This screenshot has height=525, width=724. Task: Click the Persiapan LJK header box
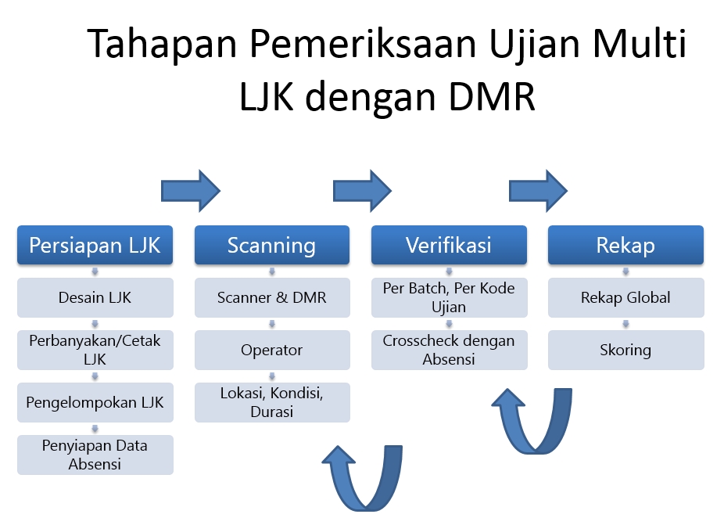click(95, 245)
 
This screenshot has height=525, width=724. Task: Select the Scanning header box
click(271, 245)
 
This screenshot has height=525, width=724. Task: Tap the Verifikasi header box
click(448, 245)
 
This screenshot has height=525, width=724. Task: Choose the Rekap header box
click(625, 245)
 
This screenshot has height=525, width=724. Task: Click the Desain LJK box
click(95, 297)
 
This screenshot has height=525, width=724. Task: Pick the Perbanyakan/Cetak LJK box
click(95, 350)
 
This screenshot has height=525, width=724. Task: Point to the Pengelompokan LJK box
click(95, 402)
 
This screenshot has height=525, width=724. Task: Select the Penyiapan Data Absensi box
click(95, 455)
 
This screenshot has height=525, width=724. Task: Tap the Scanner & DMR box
click(271, 297)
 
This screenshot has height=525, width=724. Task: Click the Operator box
click(271, 350)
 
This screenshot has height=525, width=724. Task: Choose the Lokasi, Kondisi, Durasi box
click(271, 402)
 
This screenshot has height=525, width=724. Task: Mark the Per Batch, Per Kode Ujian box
click(448, 297)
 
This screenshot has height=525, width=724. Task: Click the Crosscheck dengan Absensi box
click(448, 350)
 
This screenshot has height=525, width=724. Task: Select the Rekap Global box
click(625, 297)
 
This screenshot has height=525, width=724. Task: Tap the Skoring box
click(625, 350)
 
